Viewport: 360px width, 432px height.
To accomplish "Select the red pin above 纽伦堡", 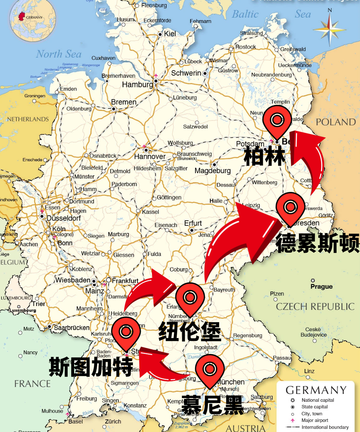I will [190, 298].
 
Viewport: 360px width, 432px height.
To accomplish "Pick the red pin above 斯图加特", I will [126, 333].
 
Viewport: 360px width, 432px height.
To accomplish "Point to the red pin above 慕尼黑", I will [210, 369].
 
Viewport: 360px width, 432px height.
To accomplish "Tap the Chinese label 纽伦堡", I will [190, 332].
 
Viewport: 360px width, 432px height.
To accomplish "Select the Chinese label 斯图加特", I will [91, 366].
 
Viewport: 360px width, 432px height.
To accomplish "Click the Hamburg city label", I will [137, 85].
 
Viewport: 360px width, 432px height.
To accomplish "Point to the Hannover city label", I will [150, 157].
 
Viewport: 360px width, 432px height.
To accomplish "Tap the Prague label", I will [321, 287].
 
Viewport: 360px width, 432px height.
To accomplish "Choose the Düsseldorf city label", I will [63, 218].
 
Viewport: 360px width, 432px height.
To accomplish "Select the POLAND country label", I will [336, 122].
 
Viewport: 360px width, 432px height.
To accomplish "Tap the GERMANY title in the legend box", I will [316, 390].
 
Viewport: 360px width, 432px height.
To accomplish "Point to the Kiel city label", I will [170, 34].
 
